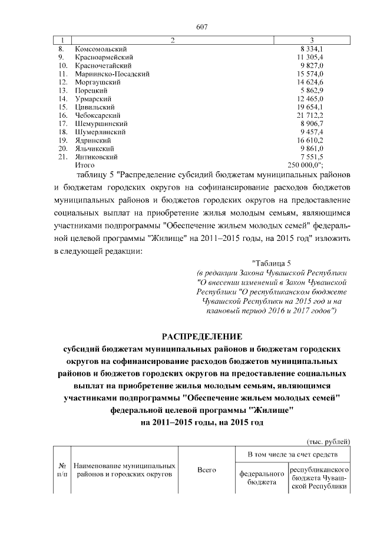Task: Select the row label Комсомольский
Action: coord(101,48)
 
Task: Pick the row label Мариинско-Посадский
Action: coord(112,74)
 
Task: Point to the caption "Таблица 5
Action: coord(272,263)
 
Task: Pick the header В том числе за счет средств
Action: coord(293,455)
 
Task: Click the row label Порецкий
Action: coord(91,91)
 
